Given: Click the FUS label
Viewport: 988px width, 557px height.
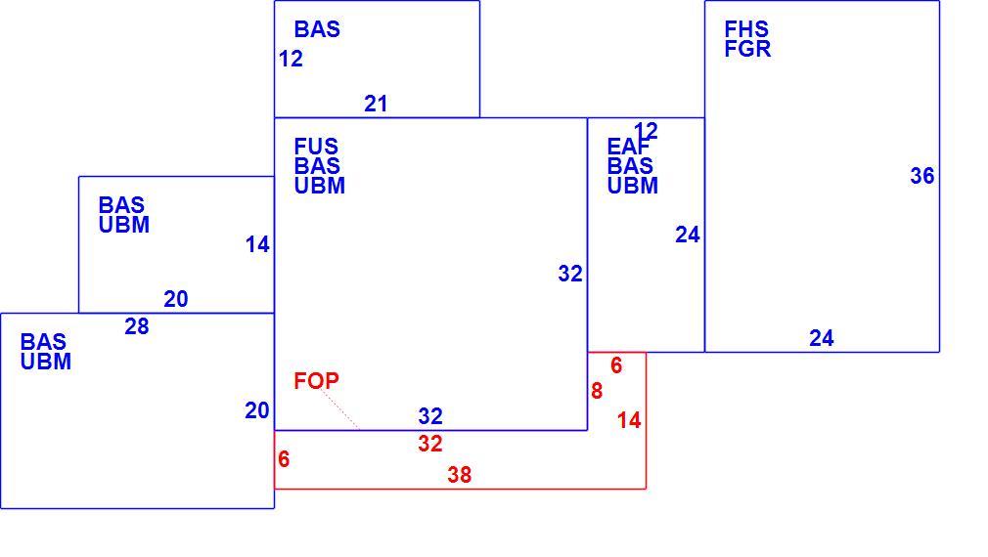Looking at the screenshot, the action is pyautogui.click(x=316, y=147).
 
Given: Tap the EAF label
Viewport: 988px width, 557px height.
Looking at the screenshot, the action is pyautogui.click(x=628, y=147).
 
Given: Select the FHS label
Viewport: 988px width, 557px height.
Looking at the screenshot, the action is pyautogui.click(x=746, y=29).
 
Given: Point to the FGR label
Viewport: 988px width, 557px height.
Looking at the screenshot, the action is pyautogui.click(x=748, y=49).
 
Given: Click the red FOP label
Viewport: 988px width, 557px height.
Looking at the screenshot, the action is pyautogui.click(x=316, y=381).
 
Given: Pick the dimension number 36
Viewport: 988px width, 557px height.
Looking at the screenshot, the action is pyautogui.click(x=921, y=176).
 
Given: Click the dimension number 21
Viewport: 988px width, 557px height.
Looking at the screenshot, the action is pyautogui.click(x=376, y=104).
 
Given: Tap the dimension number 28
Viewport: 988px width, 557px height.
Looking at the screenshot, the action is pyautogui.click(x=137, y=326).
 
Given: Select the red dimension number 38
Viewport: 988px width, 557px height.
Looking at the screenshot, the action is pyautogui.click(x=460, y=475).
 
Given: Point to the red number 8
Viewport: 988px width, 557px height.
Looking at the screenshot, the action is pyautogui.click(x=597, y=391).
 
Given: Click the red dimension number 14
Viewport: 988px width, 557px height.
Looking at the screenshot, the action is pyautogui.click(x=629, y=420).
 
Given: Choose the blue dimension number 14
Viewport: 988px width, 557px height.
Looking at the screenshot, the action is pyautogui.click(x=257, y=244).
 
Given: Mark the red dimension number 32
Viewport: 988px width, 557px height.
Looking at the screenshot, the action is pyautogui.click(x=430, y=444).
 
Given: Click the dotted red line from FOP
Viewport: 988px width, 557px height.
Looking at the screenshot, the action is pyautogui.click(x=339, y=409).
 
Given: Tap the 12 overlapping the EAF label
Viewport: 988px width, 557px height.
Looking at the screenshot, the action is pyautogui.click(x=646, y=131).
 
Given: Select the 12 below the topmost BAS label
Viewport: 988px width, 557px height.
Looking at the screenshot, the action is pyautogui.click(x=291, y=59).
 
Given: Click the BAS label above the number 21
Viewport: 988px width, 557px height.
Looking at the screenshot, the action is pyautogui.click(x=317, y=29).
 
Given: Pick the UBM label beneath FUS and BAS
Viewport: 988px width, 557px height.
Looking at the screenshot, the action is pyautogui.click(x=320, y=186).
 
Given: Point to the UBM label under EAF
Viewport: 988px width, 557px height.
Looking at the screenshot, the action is pyautogui.click(x=633, y=186).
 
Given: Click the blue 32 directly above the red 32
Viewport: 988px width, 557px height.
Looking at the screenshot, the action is pyautogui.click(x=430, y=416).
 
